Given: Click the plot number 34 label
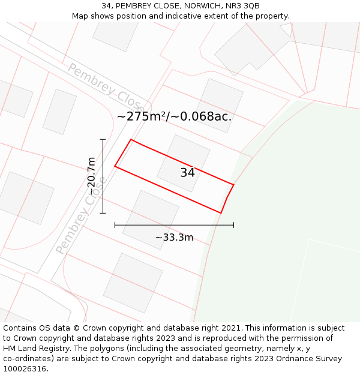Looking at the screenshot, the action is pyautogui.click(x=187, y=173).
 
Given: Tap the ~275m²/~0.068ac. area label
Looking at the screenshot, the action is pyautogui.click(x=174, y=116).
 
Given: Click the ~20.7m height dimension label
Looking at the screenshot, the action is pyautogui.click(x=91, y=176).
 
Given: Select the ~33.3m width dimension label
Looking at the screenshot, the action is pyautogui.click(x=174, y=238).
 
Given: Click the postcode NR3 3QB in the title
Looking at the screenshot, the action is pyautogui.click(x=243, y=5).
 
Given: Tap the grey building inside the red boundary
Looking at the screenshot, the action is pyautogui.click(x=183, y=163).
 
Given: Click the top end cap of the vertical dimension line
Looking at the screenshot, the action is pyautogui.click(x=103, y=139).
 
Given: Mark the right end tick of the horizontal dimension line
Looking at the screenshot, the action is pyautogui.click(x=233, y=225).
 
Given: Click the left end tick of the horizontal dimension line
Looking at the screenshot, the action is pyautogui.click(x=115, y=225).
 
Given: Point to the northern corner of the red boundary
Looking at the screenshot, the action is pyautogui.click(x=131, y=140).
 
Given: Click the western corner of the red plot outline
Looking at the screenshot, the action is pyautogui.click(x=115, y=166).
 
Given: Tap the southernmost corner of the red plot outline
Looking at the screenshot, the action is pyautogui.click(x=221, y=213).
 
